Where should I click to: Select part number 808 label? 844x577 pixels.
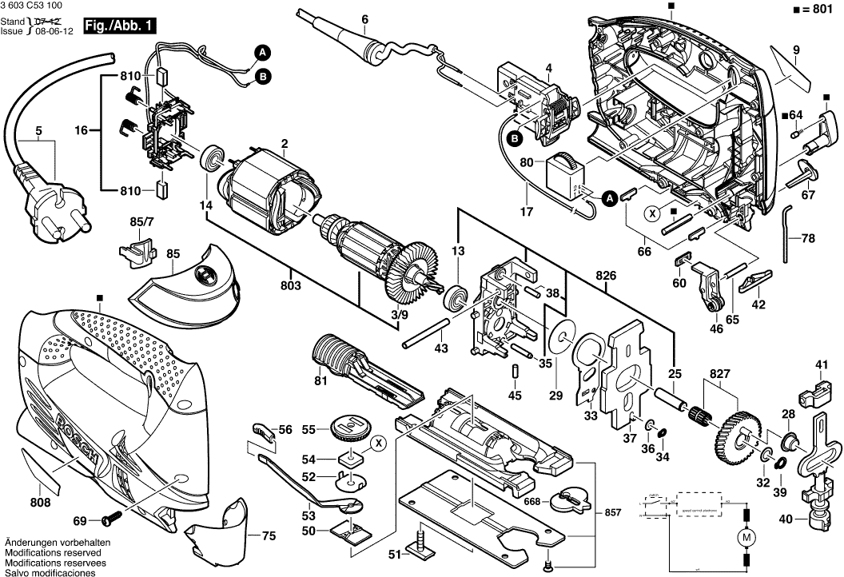click(x=40, y=503)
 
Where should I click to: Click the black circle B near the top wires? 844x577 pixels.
click(x=263, y=77)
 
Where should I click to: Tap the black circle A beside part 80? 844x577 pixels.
click(x=608, y=197)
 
